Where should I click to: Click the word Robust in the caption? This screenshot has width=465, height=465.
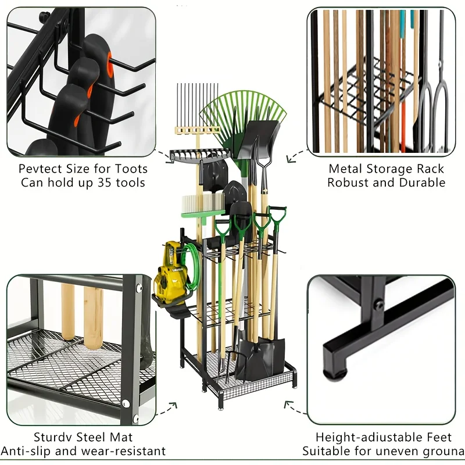347,183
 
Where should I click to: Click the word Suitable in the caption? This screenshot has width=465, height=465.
325,450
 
